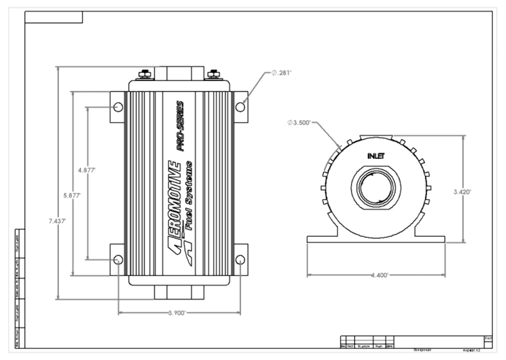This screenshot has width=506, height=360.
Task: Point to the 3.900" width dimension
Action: tap(178, 313)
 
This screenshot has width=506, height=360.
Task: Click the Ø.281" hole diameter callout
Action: tap(282, 73)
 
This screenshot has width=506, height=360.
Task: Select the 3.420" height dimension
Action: tap(462, 191)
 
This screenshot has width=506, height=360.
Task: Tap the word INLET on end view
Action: tap(376, 156)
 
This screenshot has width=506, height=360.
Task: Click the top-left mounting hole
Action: tap(118, 107)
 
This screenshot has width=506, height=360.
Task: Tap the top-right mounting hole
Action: tap(240, 107)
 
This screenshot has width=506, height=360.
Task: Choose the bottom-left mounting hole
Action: tap(118, 260)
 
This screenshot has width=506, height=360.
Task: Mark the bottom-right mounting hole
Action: tap(240, 260)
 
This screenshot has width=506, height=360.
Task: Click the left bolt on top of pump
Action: tap(145, 74)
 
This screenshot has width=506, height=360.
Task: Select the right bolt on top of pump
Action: tap(214, 74)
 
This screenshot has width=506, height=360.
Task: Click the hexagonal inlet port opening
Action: tap(376, 186)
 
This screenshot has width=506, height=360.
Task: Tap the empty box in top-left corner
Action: tap(54, 17)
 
